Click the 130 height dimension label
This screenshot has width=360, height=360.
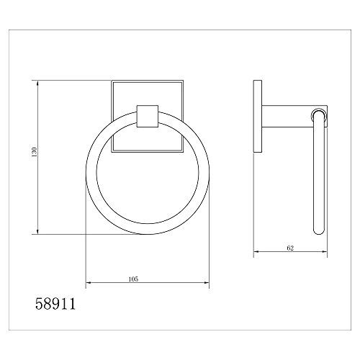pyautogui.click(x=34, y=152)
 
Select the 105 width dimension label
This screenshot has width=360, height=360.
pyautogui.click(x=133, y=279)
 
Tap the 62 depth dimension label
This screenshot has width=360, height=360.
pyautogui.click(x=290, y=248)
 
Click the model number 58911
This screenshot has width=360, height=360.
pyautogui.click(x=55, y=304)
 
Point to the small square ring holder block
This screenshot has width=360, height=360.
pyautogui.click(x=148, y=116)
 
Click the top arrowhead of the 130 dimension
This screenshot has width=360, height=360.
pyautogui.click(x=37, y=83)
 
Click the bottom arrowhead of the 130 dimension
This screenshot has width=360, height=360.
pyautogui.click(x=37, y=232)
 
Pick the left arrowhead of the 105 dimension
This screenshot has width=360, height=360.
pyautogui.click(x=89, y=283)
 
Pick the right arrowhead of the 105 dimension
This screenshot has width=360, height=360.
pyautogui.click(x=207, y=283)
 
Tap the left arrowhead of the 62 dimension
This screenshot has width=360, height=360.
pyautogui.click(x=256, y=251)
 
